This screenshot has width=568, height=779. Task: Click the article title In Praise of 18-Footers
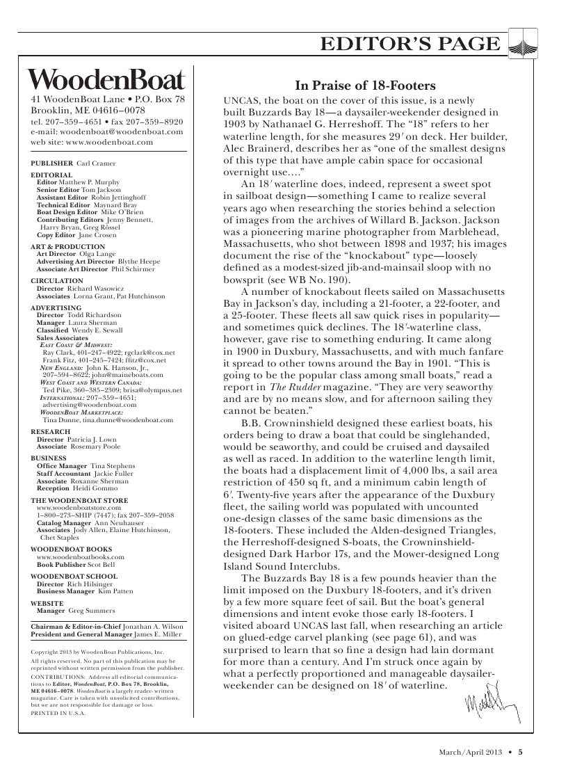pos(365,86)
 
